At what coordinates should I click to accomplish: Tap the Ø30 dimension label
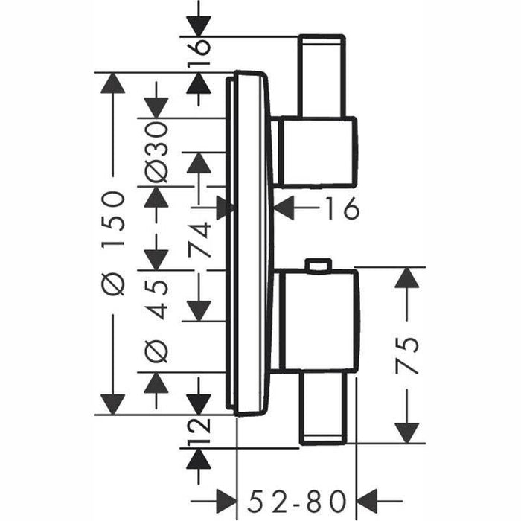tap(158, 152)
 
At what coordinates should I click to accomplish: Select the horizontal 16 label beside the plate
tap(343, 208)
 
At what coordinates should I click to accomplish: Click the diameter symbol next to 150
tap(114, 284)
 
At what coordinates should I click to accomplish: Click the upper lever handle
tap(322, 76)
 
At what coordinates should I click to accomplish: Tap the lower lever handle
tap(322, 409)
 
